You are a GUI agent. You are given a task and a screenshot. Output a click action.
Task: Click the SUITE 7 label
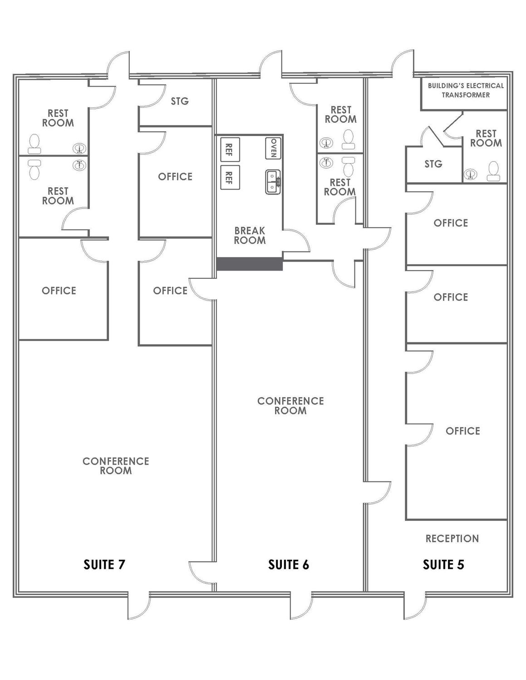point(104,564)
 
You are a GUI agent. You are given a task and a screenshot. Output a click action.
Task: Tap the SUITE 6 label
point(289,564)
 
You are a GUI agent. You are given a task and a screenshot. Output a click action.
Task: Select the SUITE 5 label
point(443,564)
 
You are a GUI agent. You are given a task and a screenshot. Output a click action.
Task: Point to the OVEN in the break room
point(273,148)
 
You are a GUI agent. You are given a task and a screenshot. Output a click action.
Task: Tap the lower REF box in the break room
point(230,177)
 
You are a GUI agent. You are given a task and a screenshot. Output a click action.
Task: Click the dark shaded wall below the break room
point(250,264)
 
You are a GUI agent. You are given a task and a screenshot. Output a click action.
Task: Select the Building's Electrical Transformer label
point(466,90)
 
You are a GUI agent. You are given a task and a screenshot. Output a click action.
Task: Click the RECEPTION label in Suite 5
point(452,539)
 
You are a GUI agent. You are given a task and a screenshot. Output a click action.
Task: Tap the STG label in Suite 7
point(180,101)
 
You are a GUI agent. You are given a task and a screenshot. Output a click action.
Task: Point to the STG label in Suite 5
point(433,164)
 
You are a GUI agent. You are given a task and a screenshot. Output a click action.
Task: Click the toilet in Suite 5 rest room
point(494,171)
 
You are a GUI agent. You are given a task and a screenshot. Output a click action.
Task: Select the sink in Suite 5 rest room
point(471,174)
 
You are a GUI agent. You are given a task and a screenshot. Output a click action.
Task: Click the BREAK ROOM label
point(250,235)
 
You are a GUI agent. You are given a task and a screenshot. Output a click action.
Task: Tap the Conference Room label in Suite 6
point(290,406)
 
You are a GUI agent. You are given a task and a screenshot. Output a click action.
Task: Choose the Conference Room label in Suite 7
point(116,466)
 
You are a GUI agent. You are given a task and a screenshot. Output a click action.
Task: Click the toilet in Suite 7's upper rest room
point(34,144)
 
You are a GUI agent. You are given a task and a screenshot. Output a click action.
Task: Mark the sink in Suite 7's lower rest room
point(79,165)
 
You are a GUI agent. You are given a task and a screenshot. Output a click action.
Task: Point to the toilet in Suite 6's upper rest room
point(349,139)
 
